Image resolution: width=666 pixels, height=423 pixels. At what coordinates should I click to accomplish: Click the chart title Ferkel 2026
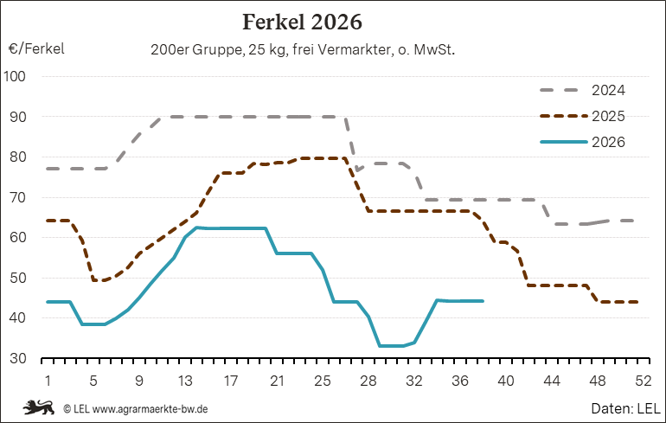(302, 22)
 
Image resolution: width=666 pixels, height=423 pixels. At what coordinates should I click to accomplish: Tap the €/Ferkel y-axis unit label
(36, 48)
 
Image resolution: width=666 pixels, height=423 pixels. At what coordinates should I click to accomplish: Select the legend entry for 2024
(582, 90)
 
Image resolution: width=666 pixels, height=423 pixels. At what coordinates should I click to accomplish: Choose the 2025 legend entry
(582, 116)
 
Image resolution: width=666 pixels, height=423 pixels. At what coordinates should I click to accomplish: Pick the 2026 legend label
(608, 142)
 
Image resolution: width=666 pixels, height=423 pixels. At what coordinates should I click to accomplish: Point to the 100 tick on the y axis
(15, 76)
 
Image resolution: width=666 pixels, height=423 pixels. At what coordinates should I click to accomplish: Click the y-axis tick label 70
(17, 197)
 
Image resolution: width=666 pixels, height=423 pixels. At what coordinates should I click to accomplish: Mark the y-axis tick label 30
(17, 358)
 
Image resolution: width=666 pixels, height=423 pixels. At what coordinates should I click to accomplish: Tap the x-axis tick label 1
(48, 381)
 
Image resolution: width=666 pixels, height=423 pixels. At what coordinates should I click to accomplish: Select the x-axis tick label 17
(231, 381)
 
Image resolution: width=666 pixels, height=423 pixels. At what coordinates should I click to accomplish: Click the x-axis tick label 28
(368, 381)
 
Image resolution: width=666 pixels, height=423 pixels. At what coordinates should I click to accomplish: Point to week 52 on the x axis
(643, 381)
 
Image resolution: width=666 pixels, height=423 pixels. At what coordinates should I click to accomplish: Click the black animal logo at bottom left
(39, 407)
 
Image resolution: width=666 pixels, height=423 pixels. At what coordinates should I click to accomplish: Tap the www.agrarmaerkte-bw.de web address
(150, 409)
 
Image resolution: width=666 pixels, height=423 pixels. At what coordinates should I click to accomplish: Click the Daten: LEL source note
(625, 408)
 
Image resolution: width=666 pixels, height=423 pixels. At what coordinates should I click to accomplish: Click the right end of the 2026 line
(483, 301)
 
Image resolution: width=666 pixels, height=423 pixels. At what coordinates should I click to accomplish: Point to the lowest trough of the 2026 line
(391, 346)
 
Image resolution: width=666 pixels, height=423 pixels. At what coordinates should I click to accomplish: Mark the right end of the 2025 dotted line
(637, 302)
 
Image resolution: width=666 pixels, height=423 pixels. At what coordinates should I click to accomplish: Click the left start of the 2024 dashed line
(48, 169)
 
